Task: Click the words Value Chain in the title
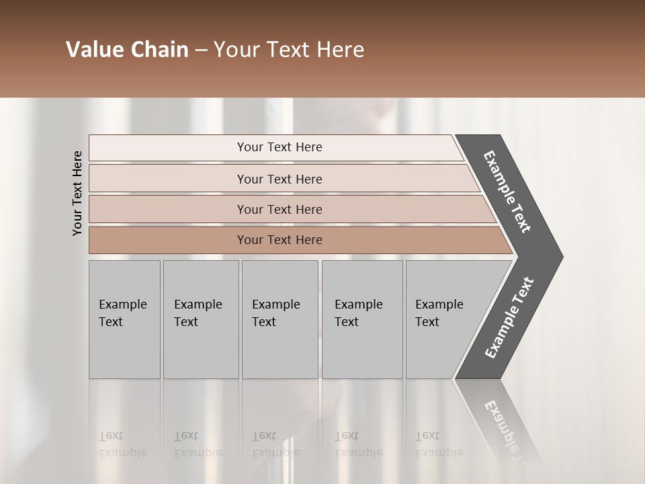(127, 50)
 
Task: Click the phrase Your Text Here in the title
(289, 50)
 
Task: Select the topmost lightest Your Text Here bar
(279, 147)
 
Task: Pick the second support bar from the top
(279, 179)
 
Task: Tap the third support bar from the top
(279, 209)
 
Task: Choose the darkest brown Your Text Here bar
(279, 240)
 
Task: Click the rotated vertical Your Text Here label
(77, 193)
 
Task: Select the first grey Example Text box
(124, 319)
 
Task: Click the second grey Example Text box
(201, 319)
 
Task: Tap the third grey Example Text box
(279, 319)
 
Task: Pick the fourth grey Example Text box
(362, 319)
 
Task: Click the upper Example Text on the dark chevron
(507, 192)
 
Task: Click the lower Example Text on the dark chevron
(509, 318)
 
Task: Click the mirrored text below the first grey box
(122, 444)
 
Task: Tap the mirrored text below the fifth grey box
(439, 444)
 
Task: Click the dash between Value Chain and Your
(201, 50)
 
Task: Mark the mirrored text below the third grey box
(275, 444)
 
